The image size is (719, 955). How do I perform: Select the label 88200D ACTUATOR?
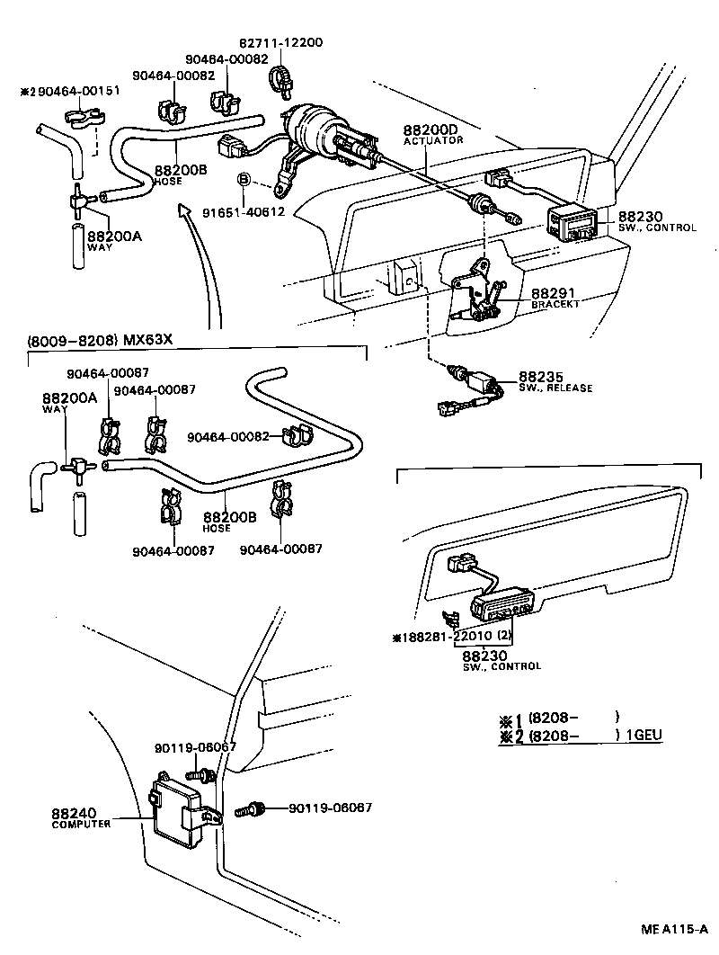433,134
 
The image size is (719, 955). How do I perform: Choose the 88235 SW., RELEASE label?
555,381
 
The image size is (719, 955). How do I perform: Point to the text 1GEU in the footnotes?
644,735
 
